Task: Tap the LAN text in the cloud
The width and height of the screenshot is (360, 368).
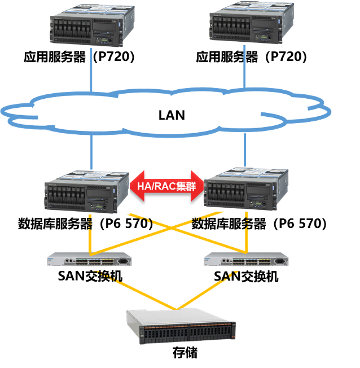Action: (172, 115)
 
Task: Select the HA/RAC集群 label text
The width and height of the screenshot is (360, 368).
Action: (166, 186)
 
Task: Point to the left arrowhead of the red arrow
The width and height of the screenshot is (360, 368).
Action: (135, 186)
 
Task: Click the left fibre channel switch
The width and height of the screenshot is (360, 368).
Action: (89, 260)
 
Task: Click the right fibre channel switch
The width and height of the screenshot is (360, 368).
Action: (247, 260)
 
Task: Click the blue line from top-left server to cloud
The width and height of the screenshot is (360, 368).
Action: (90, 71)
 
